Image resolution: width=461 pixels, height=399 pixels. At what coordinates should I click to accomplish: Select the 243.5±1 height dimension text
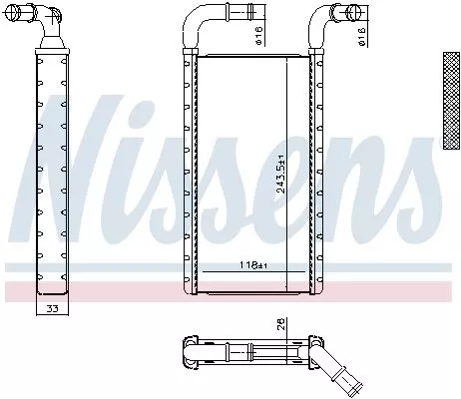[282, 172]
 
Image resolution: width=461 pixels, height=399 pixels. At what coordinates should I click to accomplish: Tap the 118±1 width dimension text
[253, 265]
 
